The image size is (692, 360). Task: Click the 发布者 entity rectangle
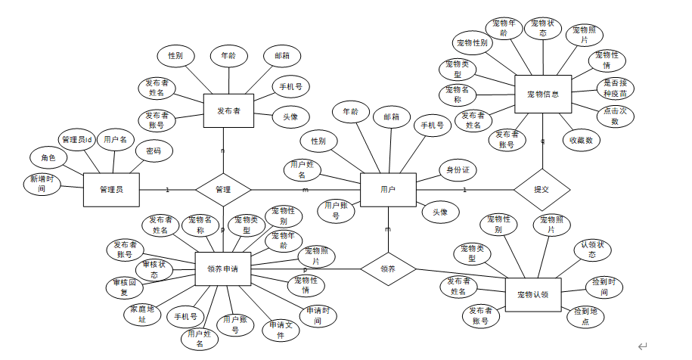pos(228,111)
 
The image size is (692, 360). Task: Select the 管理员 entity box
pos(111,189)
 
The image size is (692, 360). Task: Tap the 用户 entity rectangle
pos(388,189)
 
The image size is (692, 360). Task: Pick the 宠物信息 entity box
pos(542,95)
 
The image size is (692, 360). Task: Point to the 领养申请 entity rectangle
pos(222,268)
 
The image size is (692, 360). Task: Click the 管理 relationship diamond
pos(222,189)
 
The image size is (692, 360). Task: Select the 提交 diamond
pos(541,189)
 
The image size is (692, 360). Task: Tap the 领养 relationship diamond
pos(388,268)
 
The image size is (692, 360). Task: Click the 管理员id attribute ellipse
pos(77,140)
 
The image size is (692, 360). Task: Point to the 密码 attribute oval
pos(154,151)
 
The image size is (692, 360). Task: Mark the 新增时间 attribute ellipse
pos(42,184)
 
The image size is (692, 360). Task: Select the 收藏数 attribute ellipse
pos(581,140)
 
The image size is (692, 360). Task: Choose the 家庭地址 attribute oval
pos(141,314)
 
